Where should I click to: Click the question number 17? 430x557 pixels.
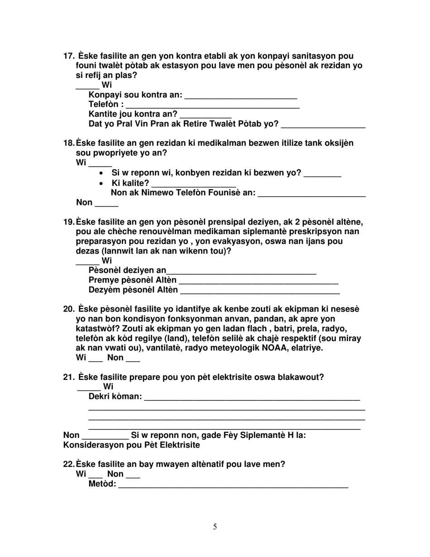pos(69,56)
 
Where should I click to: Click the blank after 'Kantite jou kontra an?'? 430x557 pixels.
pos(205,115)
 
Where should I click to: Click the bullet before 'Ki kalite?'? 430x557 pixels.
pos(102,183)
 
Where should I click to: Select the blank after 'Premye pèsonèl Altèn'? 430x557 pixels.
pos(258,281)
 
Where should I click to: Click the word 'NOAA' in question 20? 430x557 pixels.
pos(274,348)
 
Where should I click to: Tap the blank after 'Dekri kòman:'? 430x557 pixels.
pos(252,398)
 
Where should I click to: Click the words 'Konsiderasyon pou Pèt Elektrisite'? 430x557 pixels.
pos(131,445)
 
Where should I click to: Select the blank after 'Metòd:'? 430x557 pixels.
pos(233,485)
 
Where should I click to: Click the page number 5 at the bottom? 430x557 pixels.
pos(215,527)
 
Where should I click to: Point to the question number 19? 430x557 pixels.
pos(68,222)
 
